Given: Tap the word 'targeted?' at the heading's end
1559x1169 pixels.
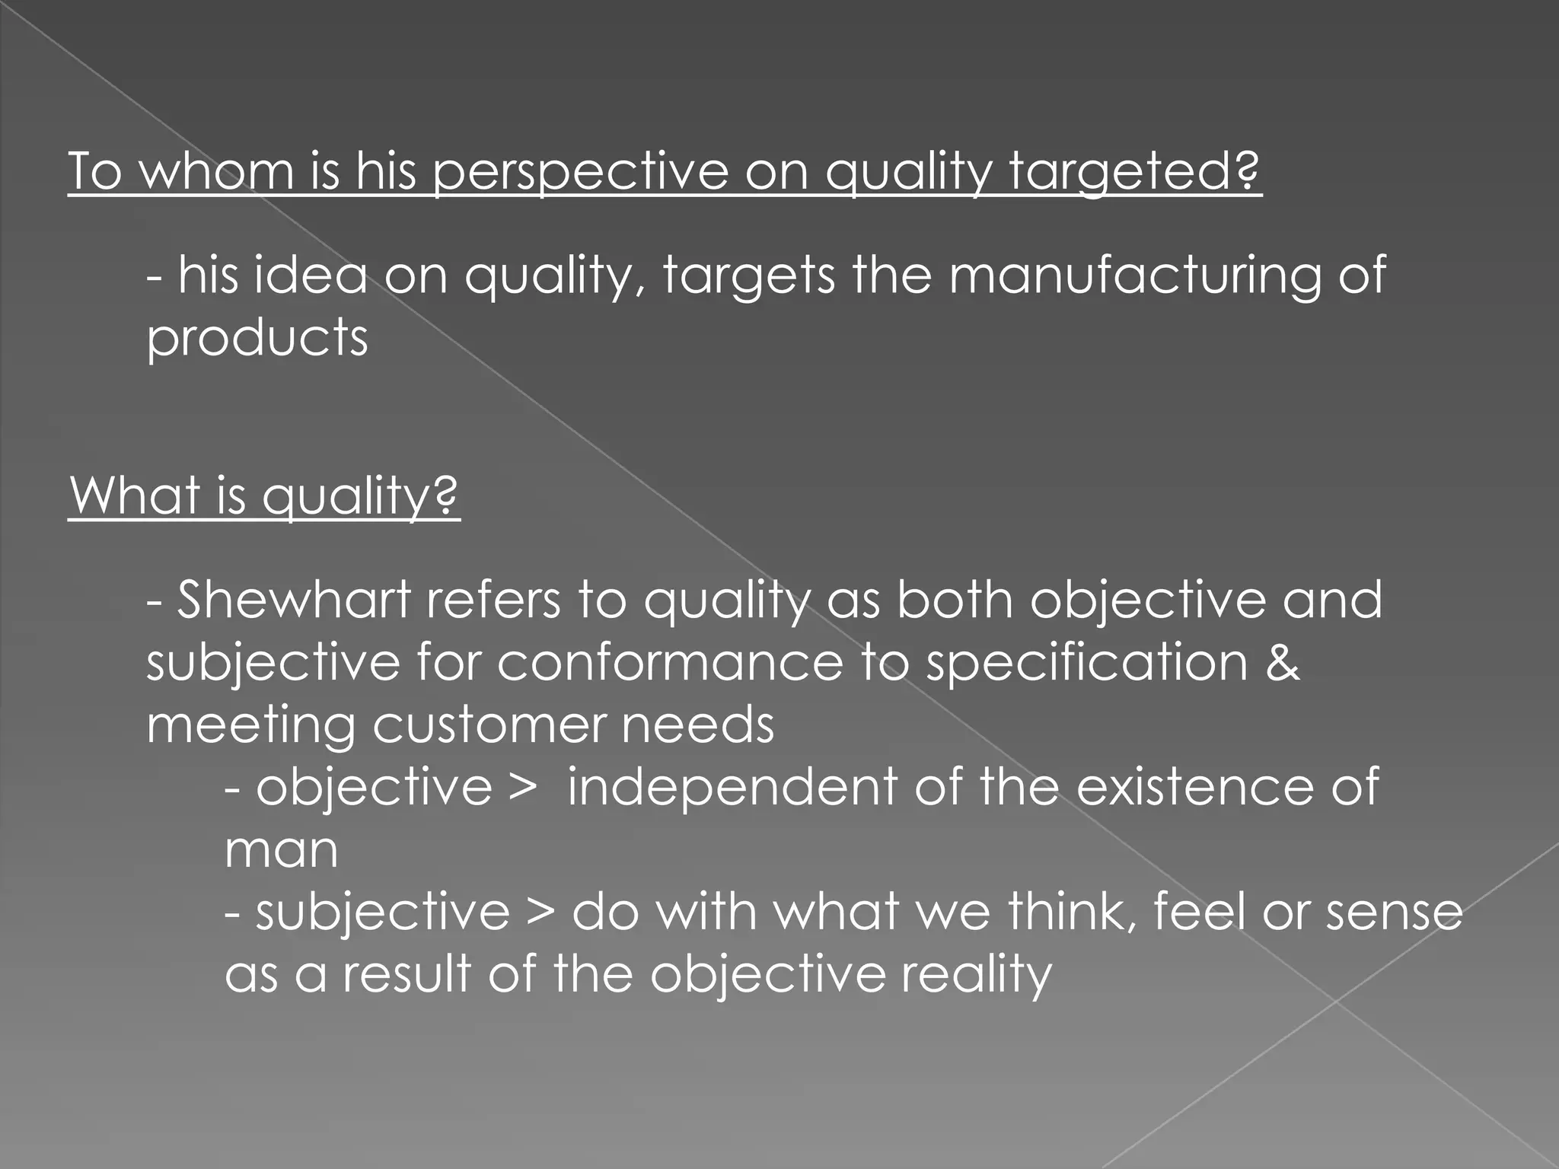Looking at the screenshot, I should coord(1135,172).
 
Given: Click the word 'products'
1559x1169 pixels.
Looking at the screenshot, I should coord(257,339).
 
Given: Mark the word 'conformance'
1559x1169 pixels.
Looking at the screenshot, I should coord(670,662).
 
